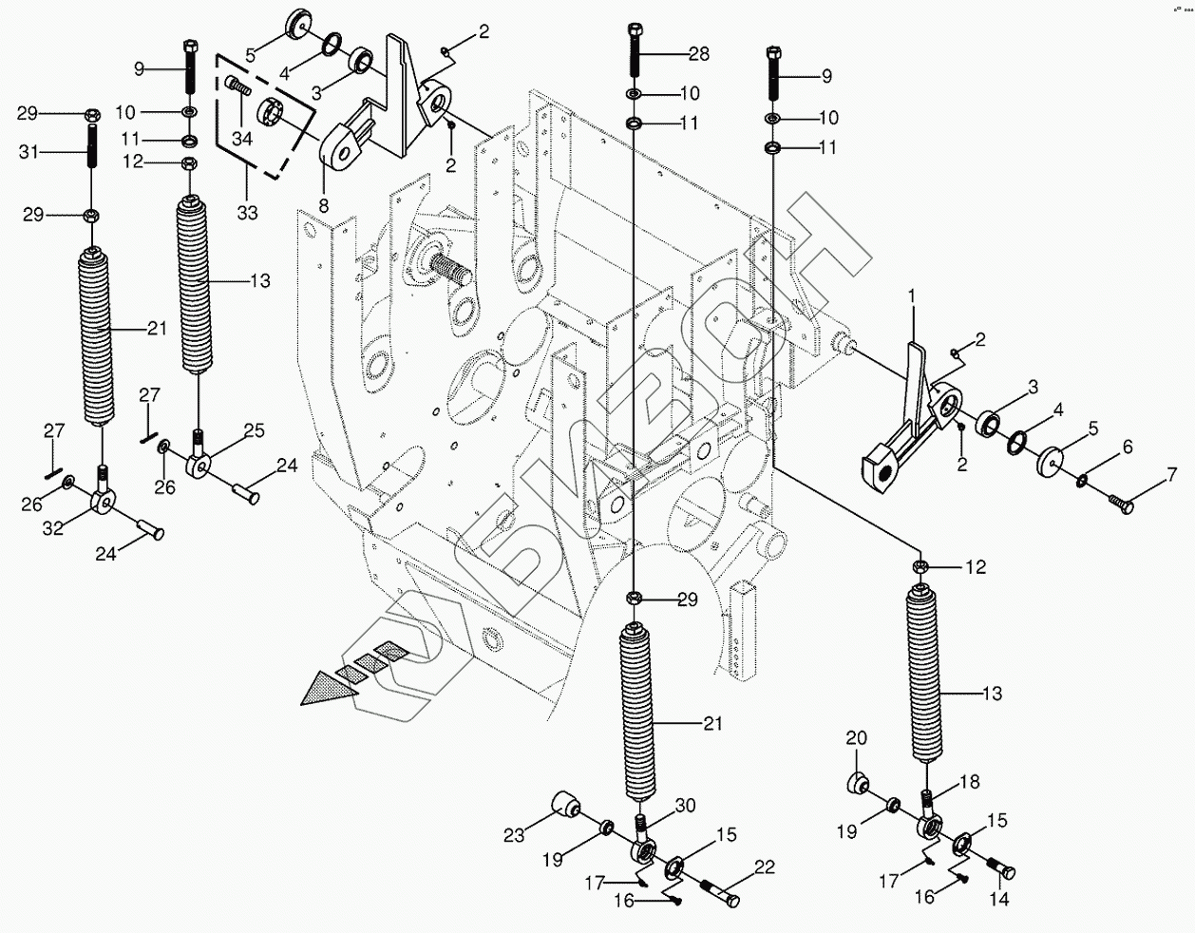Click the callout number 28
point(698,54)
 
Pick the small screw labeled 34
point(239,88)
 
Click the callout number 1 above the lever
point(911,297)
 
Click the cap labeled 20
point(859,783)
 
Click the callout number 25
point(254,430)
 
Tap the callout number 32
point(53,528)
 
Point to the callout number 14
point(998,897)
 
